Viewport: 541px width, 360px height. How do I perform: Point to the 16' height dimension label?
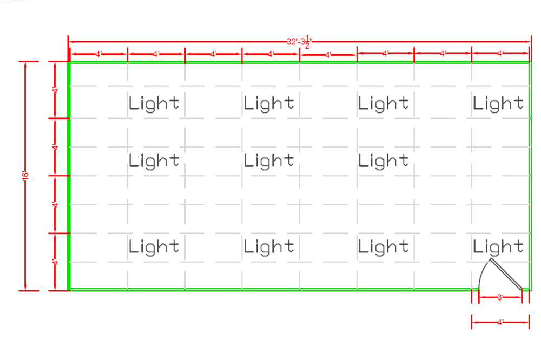[x=25, y=175]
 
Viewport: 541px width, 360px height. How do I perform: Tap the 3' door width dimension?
[x=500, y=297]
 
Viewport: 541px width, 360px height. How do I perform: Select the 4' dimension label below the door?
[x=500, y=322]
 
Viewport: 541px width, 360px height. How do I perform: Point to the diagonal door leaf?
[x=506, y=274]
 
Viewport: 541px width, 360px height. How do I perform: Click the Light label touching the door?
[x=498, y=247]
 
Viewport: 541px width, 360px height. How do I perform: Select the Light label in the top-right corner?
[x=498, y=103]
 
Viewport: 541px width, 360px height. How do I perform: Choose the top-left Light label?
[x=154, y=103]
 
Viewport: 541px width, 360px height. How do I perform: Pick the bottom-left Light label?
[x=154, y=247]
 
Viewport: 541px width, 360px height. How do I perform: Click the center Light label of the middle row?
[x=269, y=161]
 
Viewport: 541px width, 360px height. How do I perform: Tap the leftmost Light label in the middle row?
[x=154, y=161]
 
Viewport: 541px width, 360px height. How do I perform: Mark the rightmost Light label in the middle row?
[x=384, y=161]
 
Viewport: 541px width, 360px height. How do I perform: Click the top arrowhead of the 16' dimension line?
[x=25, y=64]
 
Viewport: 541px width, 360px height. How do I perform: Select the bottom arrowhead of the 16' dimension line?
[x=25, y=287]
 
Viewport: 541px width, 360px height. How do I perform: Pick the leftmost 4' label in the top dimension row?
[x=98, y=54]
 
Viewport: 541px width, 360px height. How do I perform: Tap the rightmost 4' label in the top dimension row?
[x=500, y=54]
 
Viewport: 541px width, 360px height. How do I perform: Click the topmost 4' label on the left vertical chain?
[x=55, y=90]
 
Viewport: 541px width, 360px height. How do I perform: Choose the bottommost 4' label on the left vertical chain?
[x=55, y=262]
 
